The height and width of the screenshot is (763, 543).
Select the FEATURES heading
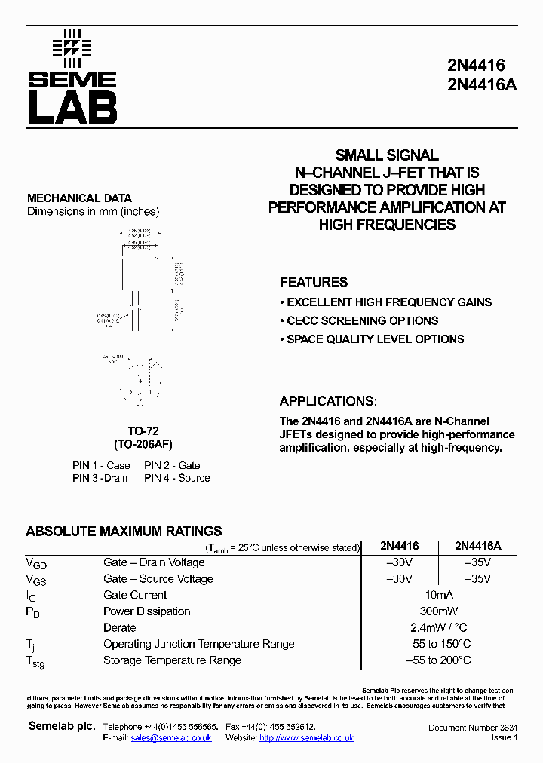click(314, 282)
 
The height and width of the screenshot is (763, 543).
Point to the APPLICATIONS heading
click(328, 401)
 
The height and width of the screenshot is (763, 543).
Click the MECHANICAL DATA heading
click(79, 198)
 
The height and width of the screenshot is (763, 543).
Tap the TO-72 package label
click(143, 431)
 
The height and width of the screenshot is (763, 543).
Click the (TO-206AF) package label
click(143, 444)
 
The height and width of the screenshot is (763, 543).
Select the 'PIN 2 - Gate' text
click(172, 465)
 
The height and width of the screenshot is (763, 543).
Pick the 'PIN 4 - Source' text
click(177, 478)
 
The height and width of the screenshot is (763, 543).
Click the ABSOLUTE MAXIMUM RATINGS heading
click(124, 531)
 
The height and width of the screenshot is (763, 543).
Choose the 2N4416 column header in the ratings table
click(399, 546)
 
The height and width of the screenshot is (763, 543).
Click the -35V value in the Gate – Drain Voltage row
click(476, 562)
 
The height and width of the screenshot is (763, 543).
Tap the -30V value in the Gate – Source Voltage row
click(399, 579)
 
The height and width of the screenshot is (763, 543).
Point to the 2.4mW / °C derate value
click(440, 627)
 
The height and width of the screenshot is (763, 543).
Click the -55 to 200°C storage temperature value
click(439, 660)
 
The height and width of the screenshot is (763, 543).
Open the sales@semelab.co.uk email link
click(171, 737)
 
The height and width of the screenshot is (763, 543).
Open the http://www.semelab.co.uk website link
click(306, 737)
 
